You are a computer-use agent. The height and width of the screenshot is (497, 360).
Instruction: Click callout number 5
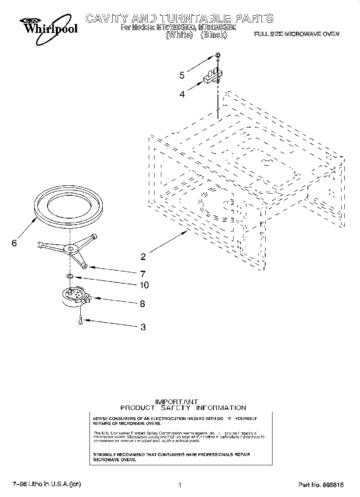[182, 75]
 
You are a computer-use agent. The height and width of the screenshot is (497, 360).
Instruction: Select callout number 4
[182, 94]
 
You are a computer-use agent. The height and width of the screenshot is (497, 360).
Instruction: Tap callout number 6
[14, 243]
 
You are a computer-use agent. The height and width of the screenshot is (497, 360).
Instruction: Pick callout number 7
[142, 274]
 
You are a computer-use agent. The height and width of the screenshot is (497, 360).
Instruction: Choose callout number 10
[144, 285]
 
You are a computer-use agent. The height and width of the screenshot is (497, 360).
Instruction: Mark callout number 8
[142, 304]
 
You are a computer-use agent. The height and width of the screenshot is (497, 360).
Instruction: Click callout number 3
[143, 327]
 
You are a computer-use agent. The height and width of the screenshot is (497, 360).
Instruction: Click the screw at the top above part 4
[217, 55]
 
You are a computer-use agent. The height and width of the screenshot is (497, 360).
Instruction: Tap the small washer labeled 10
[70, 276]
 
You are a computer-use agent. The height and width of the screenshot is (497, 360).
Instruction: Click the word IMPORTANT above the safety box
[177, 402]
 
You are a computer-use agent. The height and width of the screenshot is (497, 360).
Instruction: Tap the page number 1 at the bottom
[180, 485]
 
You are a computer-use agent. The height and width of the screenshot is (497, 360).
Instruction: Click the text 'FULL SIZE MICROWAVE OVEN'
[297, 34]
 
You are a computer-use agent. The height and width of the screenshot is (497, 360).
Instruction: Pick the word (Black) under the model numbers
[214, 35]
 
